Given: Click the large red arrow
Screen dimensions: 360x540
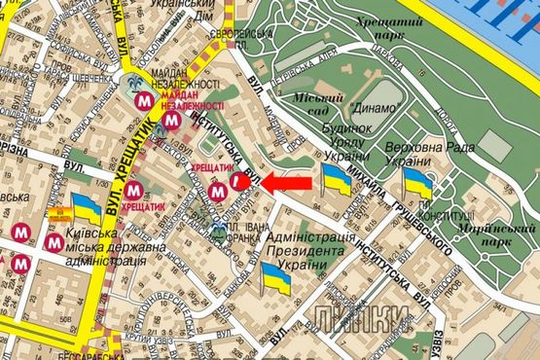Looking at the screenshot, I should coord(289,182).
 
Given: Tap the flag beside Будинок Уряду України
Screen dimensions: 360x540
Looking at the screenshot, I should coord(336,180).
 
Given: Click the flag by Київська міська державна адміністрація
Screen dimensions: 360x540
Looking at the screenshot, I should coord(86,207).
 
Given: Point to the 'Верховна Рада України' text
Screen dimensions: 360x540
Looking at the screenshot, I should coord(419,154).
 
